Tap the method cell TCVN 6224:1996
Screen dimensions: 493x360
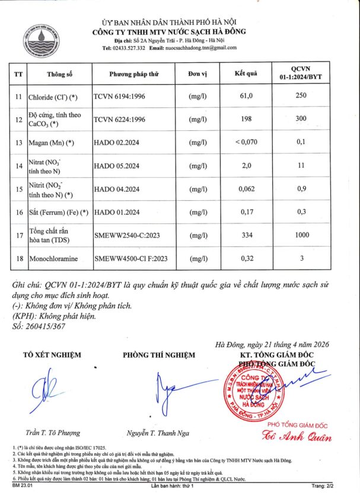click(x=120, y=119)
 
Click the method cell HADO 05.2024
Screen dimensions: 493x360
click(x=117, y=165)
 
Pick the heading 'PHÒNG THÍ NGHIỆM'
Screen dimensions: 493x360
click(x=158, y=355)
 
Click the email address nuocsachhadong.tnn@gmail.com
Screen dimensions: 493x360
click(x=200, y=48)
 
